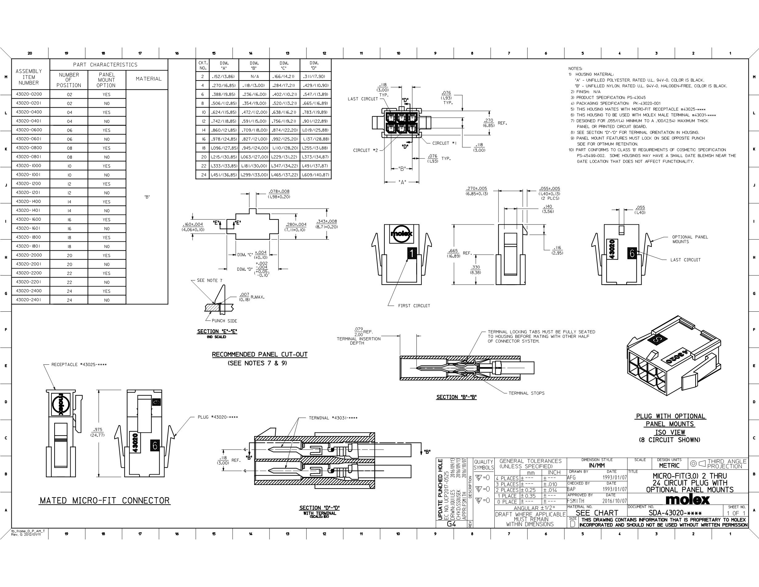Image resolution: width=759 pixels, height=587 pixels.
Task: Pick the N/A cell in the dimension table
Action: coord(254,76)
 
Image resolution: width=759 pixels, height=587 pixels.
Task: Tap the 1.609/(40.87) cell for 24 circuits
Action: coord(315,174)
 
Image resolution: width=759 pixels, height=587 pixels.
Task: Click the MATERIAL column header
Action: coord(148,79)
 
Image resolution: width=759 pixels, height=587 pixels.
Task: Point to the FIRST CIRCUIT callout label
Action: coord(414,306)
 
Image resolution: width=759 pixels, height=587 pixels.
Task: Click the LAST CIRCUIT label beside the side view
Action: coord(685,260)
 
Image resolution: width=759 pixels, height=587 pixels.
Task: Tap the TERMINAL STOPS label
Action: coord(526,393)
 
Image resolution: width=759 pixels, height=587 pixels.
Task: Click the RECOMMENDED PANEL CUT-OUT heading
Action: coord(260,354)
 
